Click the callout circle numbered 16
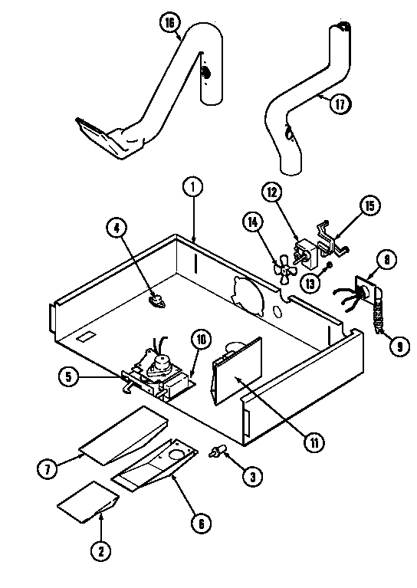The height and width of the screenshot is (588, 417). tap(169, 23)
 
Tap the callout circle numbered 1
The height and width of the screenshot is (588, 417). tap(193, 185)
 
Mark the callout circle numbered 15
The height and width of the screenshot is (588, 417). tap(369, 205)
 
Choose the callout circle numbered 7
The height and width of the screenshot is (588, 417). tap(49, 468)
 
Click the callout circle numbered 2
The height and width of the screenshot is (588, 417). tap(100, 549)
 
